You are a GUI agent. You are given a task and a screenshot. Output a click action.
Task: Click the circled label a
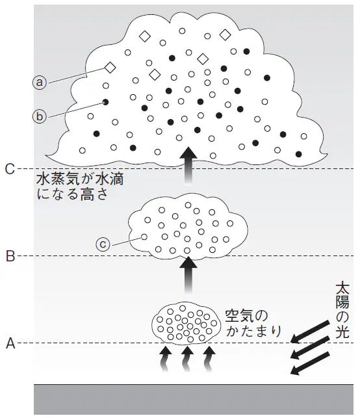tap(40, 83)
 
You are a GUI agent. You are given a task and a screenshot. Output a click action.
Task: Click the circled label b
tap(40, 117)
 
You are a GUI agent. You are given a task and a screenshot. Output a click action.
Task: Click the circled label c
tap(103, 244)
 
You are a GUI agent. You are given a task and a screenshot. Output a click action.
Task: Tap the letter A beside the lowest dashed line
tap(10, 344)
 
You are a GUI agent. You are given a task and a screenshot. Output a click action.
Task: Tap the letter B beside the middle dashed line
tap(10, 256)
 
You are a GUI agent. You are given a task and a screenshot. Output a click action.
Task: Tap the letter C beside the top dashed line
tap(10, 169)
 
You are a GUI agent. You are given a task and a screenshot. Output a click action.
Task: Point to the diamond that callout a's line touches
tap(110, 68)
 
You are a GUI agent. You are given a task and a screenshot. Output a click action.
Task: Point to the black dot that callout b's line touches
tap(106, 101)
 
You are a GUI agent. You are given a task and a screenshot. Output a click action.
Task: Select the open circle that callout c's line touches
tap(144, 237)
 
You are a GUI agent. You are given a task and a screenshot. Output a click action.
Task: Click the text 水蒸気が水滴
tap(80, 179)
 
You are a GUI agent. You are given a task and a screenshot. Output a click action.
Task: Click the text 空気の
tap(246, 317)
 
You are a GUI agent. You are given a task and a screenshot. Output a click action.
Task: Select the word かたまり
tap(253, 332)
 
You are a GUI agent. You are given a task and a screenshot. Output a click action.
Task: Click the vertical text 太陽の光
tap(342, 311)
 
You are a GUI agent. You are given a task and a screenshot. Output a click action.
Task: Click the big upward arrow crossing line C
tap(188, 165)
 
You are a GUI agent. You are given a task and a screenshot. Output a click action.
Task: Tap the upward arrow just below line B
tap(188, 275)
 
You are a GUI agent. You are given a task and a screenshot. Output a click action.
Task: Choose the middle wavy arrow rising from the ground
tap(188, 359)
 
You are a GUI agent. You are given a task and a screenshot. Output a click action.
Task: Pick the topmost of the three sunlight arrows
tap(310, 332)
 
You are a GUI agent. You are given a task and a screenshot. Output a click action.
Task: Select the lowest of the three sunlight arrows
tap(310, 363)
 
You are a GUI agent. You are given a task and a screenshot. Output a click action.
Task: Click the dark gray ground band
tap(194, 399)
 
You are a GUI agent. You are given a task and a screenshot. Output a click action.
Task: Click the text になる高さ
tap(73, 194)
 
